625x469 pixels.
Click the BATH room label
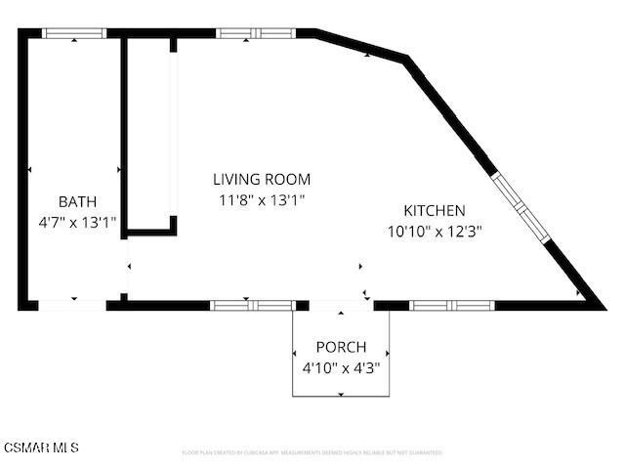pos(77,201)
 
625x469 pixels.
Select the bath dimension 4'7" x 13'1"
pos(77,222)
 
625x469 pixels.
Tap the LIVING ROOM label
pos(262,179)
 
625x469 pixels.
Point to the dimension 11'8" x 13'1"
pos(262,199)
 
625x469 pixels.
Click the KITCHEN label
pos(435,210)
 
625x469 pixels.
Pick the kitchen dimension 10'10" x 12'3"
pos(435,232)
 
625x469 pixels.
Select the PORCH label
pos(341,347)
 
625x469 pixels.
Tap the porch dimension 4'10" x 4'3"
pos(341,368)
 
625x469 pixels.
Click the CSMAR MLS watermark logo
pos(40,448)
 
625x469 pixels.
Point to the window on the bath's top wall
pos(74,33)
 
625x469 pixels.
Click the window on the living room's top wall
pos(254,33)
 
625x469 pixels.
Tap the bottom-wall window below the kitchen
pos(451,305)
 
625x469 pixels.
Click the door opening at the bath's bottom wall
pos(72,305)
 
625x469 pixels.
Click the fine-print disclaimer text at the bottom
pos(312,453)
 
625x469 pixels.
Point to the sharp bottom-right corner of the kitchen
pos(598,304)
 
